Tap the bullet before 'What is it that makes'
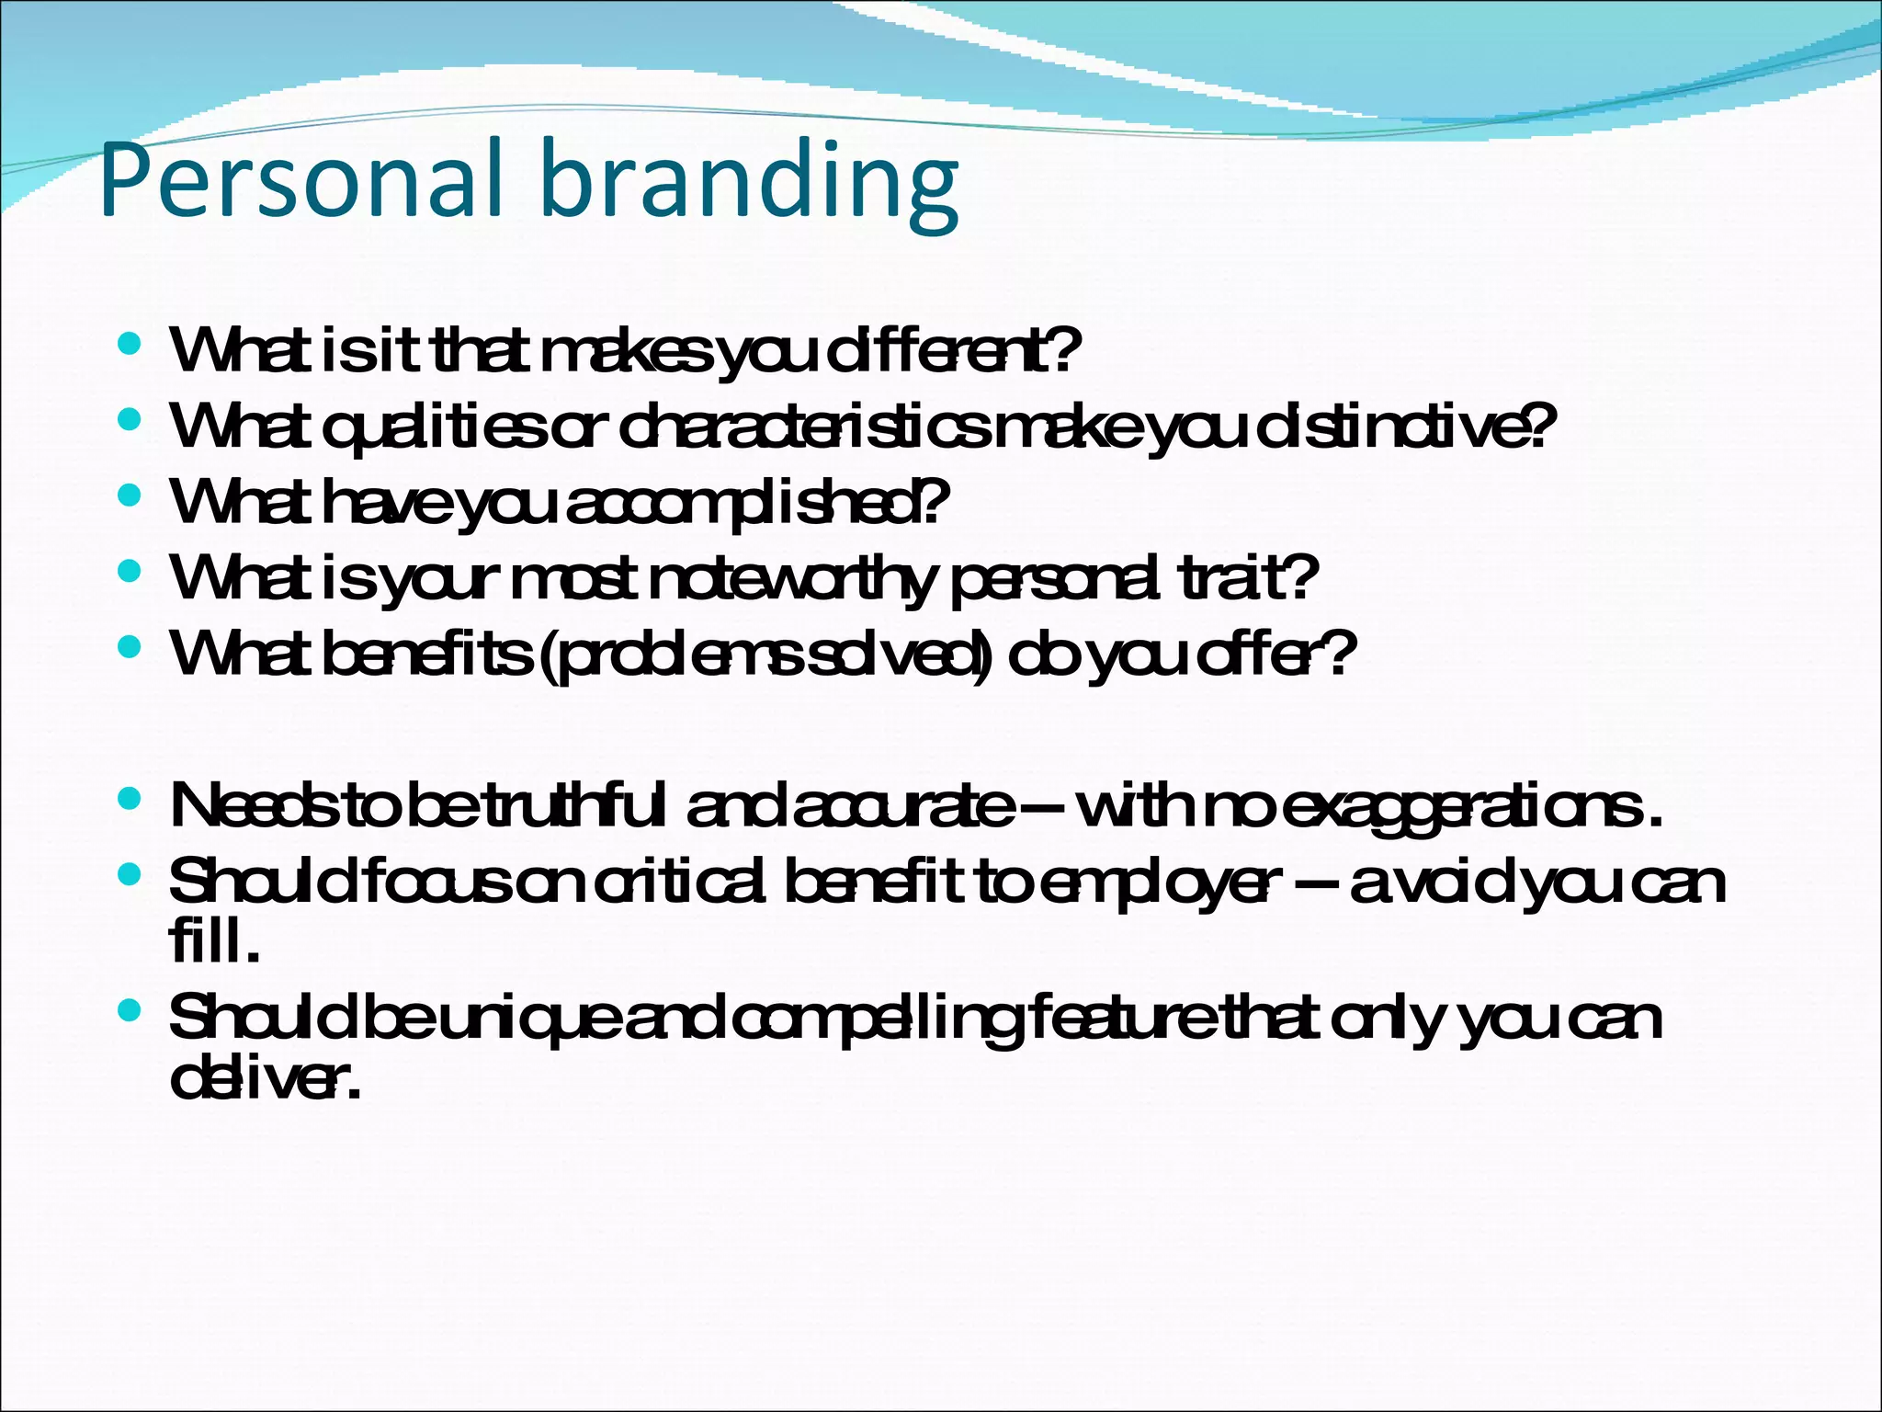(130, 345)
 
